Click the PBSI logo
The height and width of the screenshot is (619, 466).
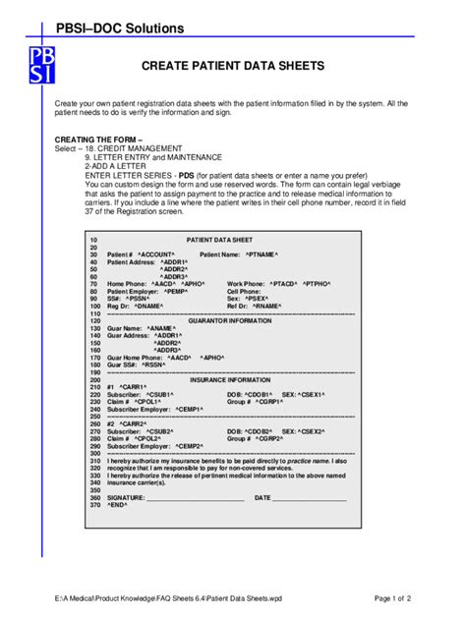pos(42,58)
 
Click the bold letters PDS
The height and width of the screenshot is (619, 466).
pos(185,174)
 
